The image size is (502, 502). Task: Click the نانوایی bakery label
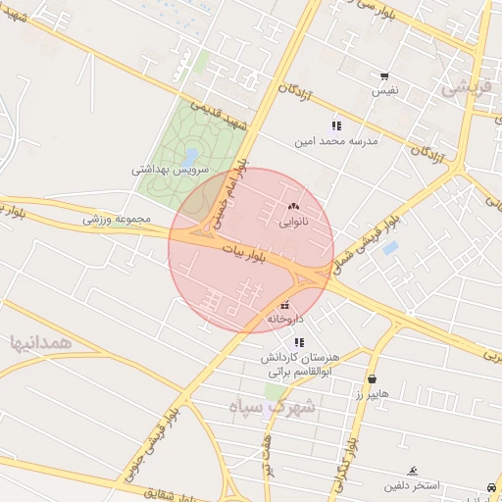click(x=293, y=222)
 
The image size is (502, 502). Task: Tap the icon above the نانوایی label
click(x=293, y=207)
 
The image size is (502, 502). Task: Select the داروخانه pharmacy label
click(x=285, y=320)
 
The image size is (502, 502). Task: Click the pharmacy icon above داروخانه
click(x=285, y=305)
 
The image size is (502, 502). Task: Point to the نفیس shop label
click(x=383, y=91)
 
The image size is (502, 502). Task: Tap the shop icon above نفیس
click(x=383, y=76)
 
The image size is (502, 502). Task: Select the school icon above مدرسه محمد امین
click(x=336, y=125)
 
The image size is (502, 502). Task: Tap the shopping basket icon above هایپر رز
click(x=372, y=378)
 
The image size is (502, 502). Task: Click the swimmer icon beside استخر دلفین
click(x=413, y=471)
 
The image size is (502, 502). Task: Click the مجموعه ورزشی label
click(x=117, y=219)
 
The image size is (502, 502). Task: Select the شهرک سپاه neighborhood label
click(x=272, y=407)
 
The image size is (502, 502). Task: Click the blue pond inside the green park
click(x=190, y=156)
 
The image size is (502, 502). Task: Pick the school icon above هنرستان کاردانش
click(x=299, y=342)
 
